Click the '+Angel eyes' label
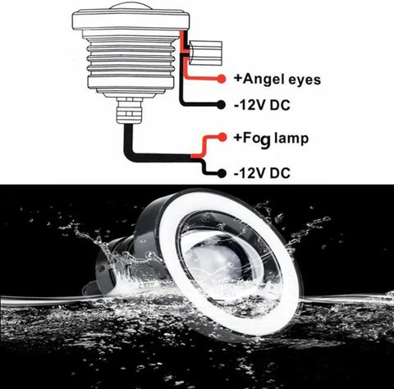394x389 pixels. [x=277, y=80]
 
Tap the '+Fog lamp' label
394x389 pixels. [x=271, y=139]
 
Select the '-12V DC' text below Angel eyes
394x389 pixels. [x=262, y=105]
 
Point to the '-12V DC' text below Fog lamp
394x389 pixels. [x=262, y=173]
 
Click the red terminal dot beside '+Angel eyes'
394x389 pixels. [x=222, y=79]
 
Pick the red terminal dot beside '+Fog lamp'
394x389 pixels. [x=222, y=137]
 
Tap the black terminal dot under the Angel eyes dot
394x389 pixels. [x=221, y=104]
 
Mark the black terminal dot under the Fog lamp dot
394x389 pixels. [x=222, y=173]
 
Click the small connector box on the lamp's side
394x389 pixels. [x=205, y=53]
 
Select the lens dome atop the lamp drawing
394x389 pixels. [x=131, y=6]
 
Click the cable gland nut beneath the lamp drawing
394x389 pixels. [x=130, y=110]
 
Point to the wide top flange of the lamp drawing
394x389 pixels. [x=131, y=20]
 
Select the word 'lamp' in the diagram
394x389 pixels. [x=291, y=139]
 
